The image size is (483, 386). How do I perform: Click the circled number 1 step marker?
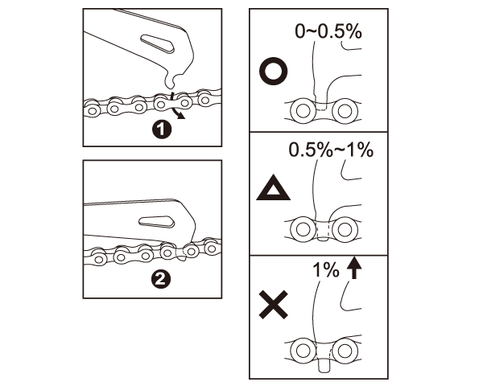(x=162, y=129)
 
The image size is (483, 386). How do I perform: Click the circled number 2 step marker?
(x=161, y=280)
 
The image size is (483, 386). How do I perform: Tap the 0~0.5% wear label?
(x=328, y=31)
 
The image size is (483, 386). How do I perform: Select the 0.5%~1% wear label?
(x=331, y=150)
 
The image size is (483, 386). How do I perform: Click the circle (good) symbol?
(x=274, y=72)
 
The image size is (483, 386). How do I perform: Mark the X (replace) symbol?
(x=274, y=305)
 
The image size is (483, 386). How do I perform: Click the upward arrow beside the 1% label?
(x=354, y=268)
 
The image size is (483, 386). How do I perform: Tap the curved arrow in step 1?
(x=175, y=106)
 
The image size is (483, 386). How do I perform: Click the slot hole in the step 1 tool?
(x=158, y=43)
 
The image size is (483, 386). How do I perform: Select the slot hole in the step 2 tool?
(x=156, y=222)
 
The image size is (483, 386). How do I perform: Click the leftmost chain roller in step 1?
(x=92, y=110)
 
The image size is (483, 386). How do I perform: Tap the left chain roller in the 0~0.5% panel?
(x=303, y=111)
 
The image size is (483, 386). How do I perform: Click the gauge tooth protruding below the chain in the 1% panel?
(x=324, y=365)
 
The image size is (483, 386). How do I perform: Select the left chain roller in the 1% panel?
(x=303, y=350)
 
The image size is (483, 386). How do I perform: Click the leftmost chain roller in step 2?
(x=98, y=259)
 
